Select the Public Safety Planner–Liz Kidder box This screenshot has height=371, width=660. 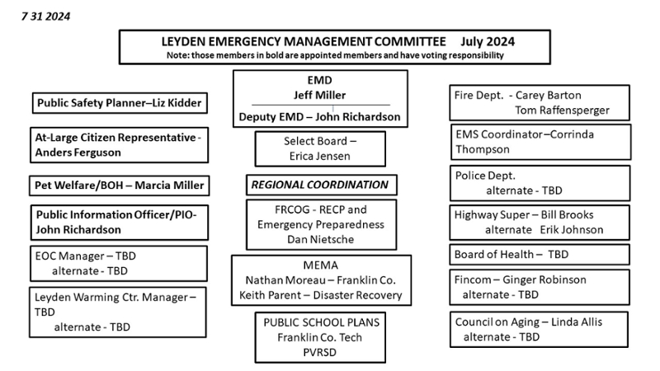pos(119,103)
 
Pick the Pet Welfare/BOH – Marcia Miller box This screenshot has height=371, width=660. pos(119,185)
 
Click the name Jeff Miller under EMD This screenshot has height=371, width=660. pos(319,94)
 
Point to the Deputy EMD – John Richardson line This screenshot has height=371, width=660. pos(319,116)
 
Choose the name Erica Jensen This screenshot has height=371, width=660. pos(320,155)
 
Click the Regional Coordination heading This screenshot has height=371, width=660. pos(320,185)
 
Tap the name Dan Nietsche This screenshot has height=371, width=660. pos(320,239)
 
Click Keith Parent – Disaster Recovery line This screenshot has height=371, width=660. pos(320,295)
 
